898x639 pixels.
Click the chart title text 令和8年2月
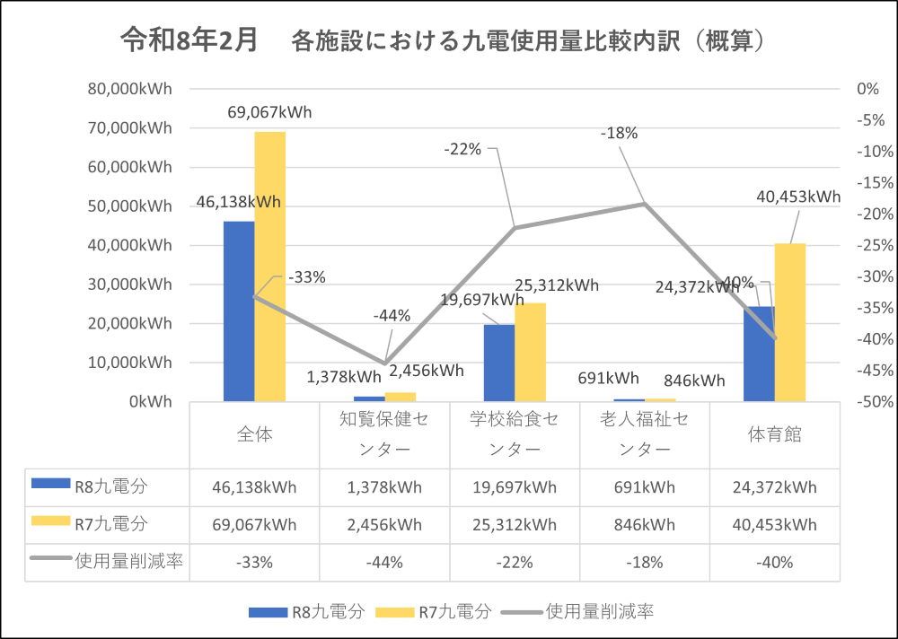(189, 40)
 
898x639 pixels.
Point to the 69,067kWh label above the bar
(269, 113)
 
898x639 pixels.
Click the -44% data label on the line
(392, 315)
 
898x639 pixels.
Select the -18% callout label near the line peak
(619, 134)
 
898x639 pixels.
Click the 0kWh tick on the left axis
(148, 401)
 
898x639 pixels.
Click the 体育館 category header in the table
(774, 434)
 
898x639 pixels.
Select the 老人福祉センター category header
(645, 434)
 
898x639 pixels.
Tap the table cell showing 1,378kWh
(384, 488)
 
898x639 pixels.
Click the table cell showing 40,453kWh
(774, 525)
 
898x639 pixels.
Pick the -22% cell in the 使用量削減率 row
(515, 563)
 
